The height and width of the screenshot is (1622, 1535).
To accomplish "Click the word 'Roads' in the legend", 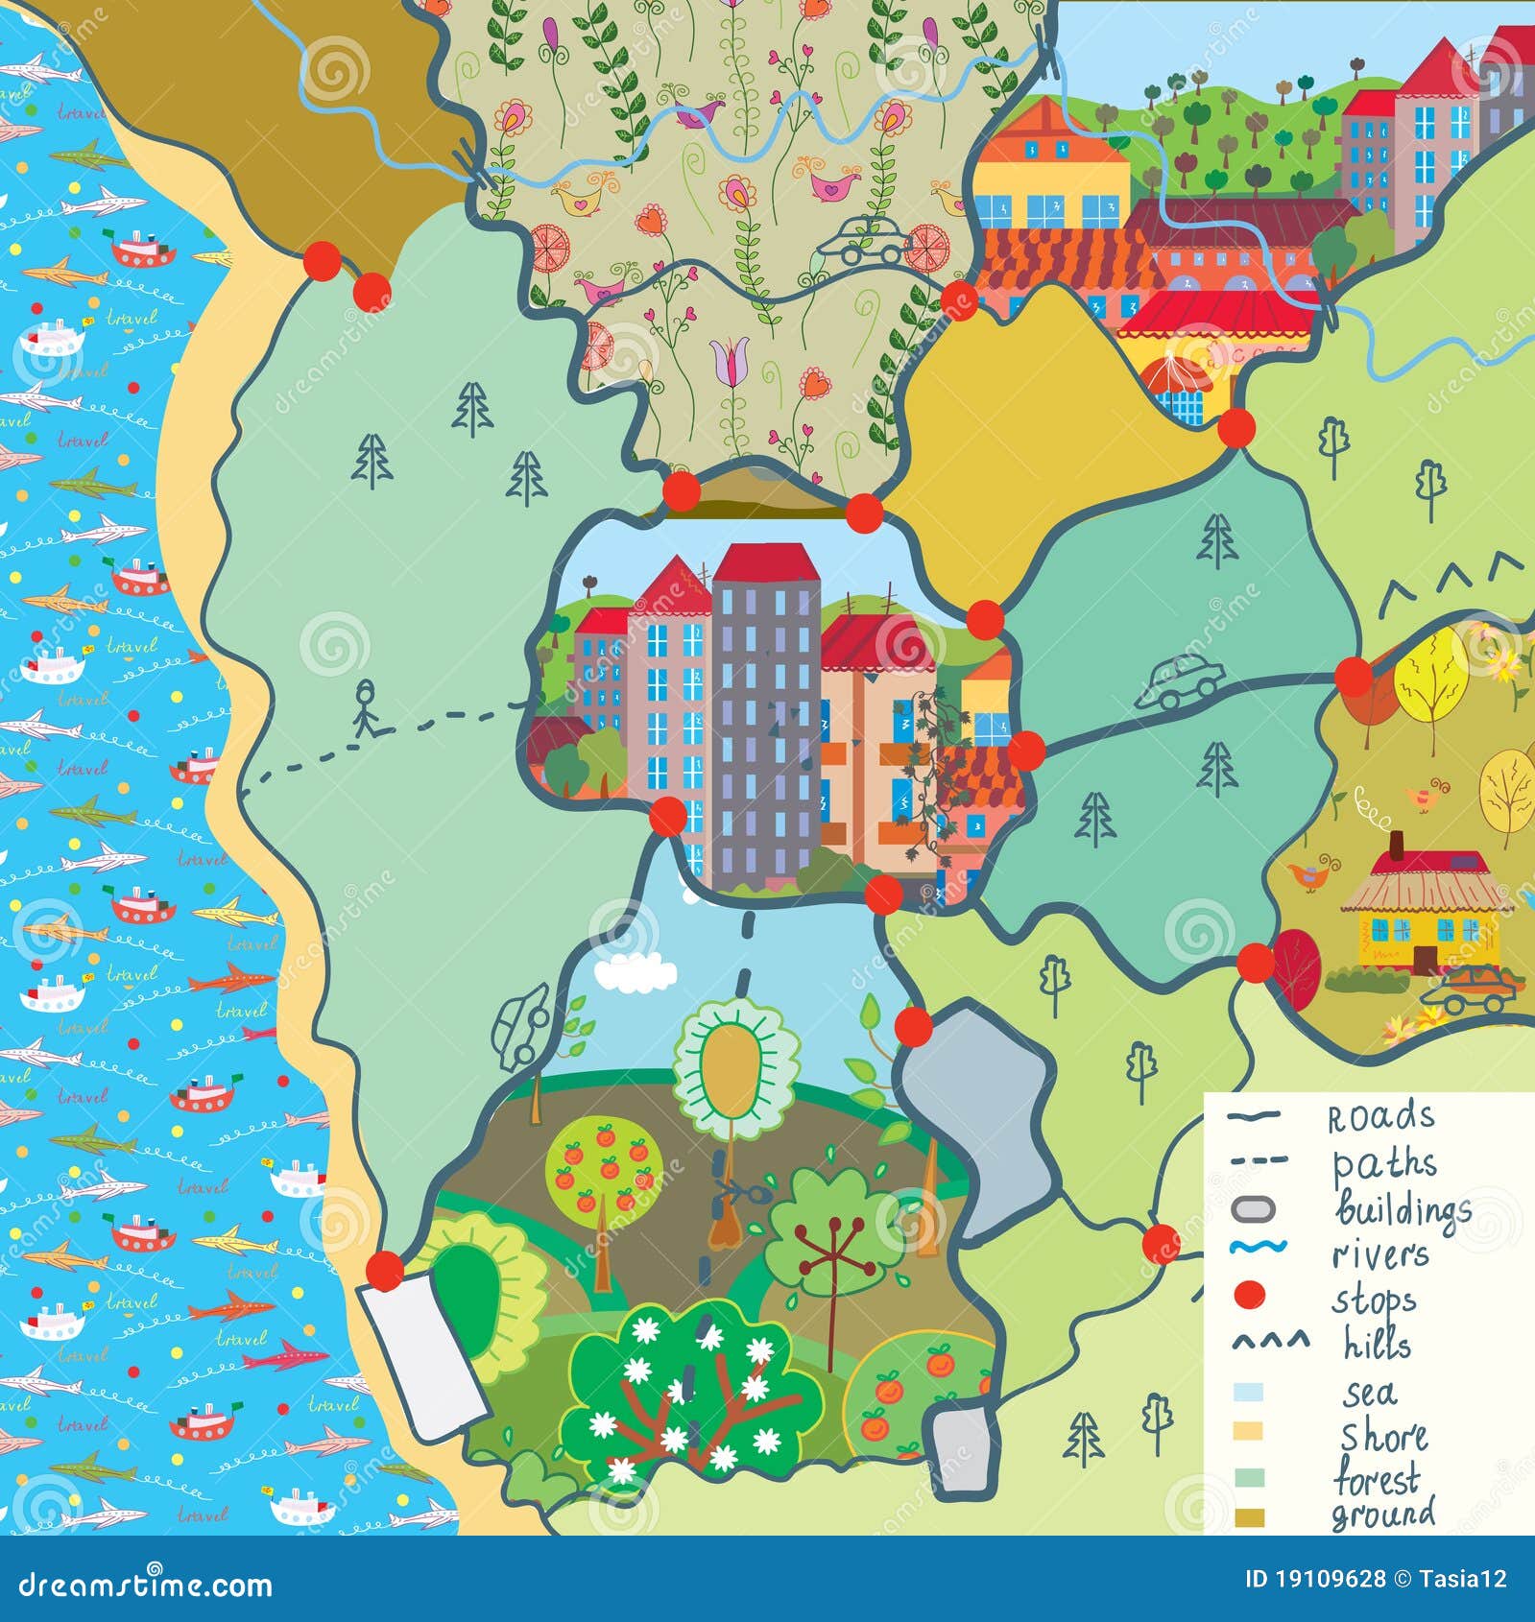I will point(1380,1117).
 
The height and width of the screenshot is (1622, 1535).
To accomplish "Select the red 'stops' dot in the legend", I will point(1248,1296).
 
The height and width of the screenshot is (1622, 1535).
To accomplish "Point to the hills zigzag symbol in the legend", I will point(1269,1341).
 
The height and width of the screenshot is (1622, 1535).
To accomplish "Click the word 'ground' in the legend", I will point(1382,1515).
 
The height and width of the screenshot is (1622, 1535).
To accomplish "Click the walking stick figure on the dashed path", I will point(367,708).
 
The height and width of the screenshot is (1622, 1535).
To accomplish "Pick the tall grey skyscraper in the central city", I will point(765,715).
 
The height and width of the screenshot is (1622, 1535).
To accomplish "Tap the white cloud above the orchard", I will point(634,972).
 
